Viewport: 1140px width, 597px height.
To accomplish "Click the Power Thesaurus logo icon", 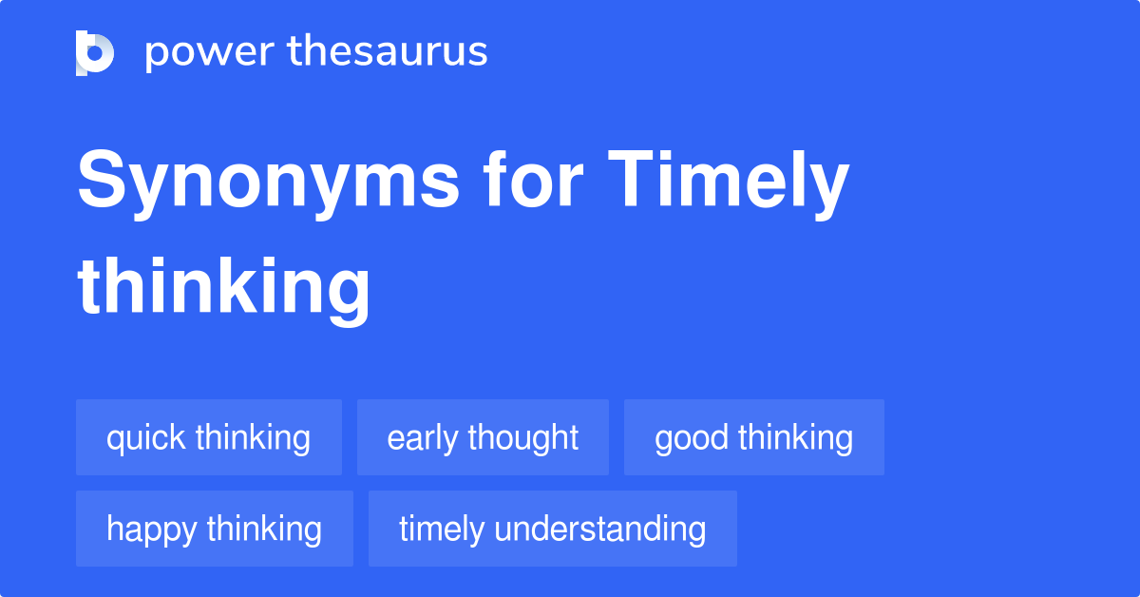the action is [x=95, y=53].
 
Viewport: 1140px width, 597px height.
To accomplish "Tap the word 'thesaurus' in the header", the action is [x=388, y=50].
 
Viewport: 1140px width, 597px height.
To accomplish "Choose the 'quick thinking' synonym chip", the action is [x=209, y=437].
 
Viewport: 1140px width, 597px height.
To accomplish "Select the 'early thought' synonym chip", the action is [x=483, y=437].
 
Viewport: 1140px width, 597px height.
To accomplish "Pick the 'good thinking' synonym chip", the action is [x=754, y=437].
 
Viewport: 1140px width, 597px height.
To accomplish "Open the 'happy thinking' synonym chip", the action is [x=215, y=529].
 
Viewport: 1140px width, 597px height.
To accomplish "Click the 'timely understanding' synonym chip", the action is [x=553, y=529].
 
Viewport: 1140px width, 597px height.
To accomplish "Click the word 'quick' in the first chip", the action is [x=145, y=438].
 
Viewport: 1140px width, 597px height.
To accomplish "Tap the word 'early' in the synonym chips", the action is [x=422, y=439].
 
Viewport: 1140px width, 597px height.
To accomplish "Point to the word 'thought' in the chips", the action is [x=523, y=438].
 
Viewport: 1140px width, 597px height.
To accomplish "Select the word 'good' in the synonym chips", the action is [x=692, y=439].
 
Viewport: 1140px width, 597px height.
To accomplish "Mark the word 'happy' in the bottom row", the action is [x=151, y=530].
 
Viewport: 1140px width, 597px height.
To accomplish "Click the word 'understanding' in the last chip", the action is [x=600, y=530].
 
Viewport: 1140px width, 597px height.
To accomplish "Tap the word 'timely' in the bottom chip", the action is [x=441, y=530].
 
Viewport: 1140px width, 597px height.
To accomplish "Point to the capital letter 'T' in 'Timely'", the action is [x=632, y=178].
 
